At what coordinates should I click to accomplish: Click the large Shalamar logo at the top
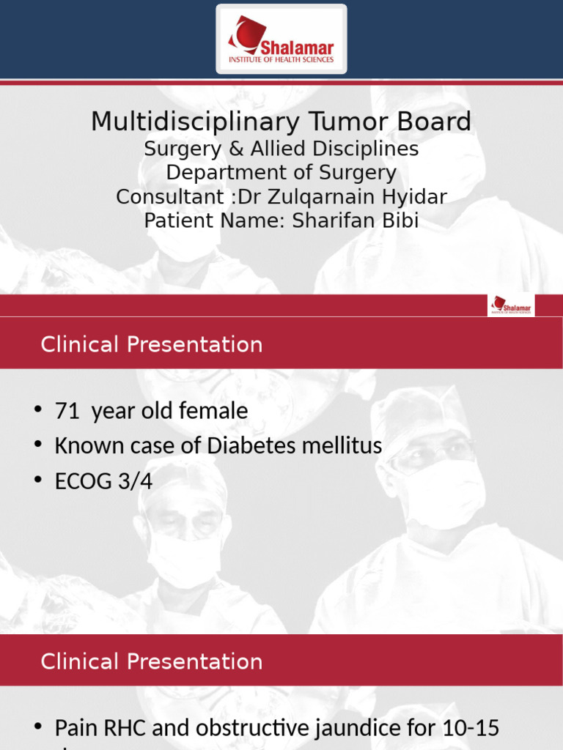pyautogui.click(x=281, y=39)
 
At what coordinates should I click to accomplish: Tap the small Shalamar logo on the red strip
pyautogui.click(x=512, y=305)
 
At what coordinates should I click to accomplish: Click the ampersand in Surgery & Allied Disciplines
pyautogui.click(x=235, y=149)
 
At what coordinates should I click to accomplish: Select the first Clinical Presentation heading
pyautogui.click(x=152, y=344)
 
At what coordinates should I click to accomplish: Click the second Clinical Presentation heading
pyautogui.click(x=152, y=661)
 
